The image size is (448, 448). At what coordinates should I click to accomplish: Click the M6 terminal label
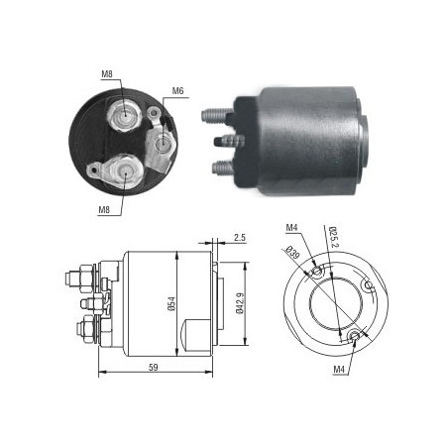point(177,91)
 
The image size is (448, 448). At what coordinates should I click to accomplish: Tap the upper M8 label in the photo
point(107,74)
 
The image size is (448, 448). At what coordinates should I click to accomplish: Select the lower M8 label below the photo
point(104,209)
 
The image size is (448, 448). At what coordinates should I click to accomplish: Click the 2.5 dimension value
point(240,237)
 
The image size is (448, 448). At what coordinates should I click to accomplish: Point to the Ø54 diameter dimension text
point(171,303)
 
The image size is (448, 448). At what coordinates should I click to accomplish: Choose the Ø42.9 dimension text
point(240,303)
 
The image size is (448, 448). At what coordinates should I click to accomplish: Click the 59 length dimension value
point(154,367)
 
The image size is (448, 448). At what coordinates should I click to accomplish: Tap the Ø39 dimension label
point(292,254)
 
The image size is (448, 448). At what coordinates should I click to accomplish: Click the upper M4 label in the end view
point(292,227)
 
